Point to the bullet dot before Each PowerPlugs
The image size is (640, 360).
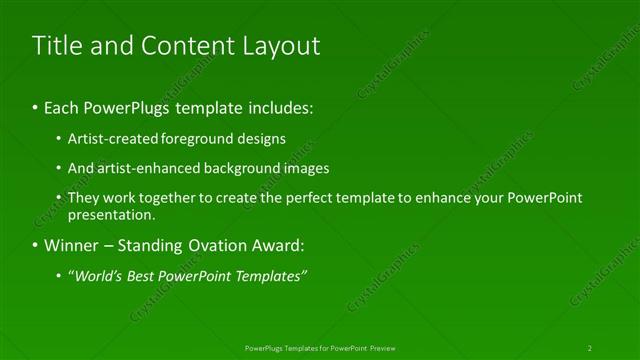(x=36, y=105)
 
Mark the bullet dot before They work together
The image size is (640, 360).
(x=60, y=198)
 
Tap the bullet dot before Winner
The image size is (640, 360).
(x=36, y=245)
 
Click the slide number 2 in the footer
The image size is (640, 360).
(x=590, y=347)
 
